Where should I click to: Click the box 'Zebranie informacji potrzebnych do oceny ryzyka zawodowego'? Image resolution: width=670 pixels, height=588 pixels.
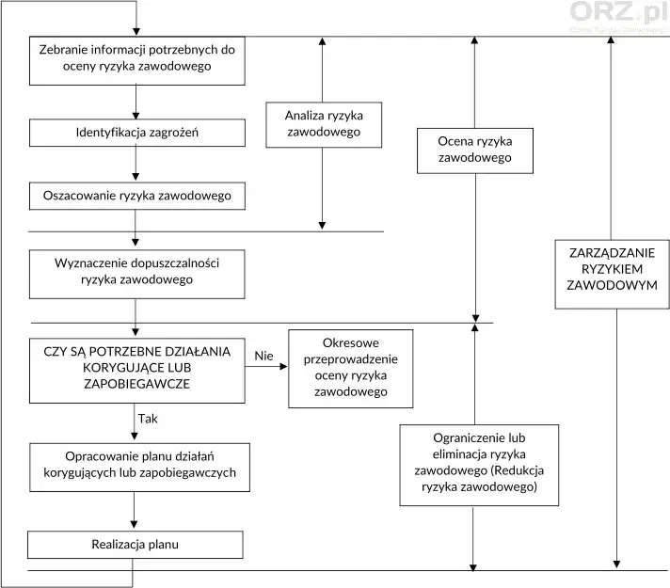click(x=137, y=58)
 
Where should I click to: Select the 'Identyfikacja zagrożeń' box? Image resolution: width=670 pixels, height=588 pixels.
click(x=137, y=133)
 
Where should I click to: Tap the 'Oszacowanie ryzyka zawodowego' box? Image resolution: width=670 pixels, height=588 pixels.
click(x=137, y=196)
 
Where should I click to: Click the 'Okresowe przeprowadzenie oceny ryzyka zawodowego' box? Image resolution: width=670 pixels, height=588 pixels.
click(x=351, y=368)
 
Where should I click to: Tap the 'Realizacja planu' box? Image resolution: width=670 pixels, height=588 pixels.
click(x=136, y=545)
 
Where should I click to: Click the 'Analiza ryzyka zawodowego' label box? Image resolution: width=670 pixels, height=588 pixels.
click(x=324, y=124)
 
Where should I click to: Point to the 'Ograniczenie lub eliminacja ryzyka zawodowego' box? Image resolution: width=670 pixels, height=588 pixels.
click(x=479, y=464)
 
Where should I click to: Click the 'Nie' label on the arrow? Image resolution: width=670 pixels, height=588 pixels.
click(x=264, y=355)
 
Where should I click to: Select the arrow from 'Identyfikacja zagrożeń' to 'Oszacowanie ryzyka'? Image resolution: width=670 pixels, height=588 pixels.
click(x=136, y=164)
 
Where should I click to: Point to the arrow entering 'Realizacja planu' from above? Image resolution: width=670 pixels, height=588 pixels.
click(x=136, y=511)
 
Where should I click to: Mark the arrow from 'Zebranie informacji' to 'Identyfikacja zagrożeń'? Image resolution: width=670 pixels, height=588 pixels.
click(x=136, y=101)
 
